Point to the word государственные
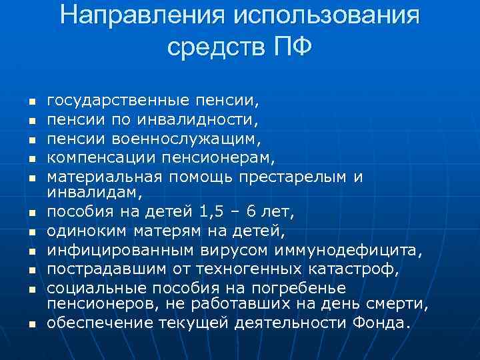tap(117, 101)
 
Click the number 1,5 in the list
tap(213, 213)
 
